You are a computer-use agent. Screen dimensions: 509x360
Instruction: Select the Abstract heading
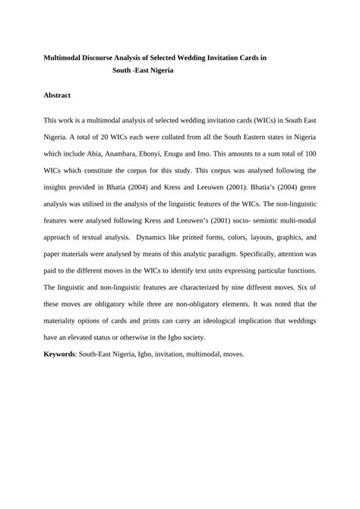point(58,95)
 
